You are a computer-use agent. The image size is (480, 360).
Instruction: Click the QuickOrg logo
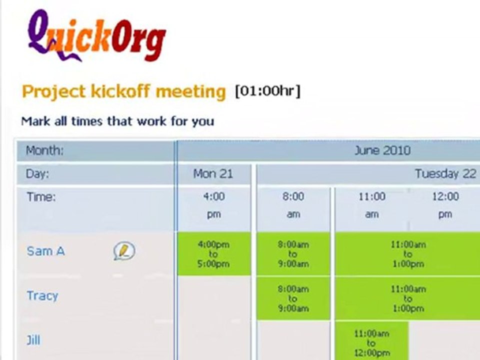click(96, 36)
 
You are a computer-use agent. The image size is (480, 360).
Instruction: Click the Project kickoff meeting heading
click(123, 92)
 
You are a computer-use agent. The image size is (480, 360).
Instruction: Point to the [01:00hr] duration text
click(268, 91)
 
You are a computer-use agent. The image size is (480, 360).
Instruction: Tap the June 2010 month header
click(382, 150)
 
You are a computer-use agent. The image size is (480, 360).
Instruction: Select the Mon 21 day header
click(213, 174)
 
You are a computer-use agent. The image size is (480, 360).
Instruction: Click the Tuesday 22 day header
click(445, 174)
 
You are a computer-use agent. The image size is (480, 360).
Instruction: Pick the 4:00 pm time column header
click(213, 205)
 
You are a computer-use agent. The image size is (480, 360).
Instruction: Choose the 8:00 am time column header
click(293, 205)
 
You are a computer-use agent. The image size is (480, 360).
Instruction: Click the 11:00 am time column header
click(371, 205)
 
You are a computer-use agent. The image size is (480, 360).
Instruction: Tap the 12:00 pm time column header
click(445, 205)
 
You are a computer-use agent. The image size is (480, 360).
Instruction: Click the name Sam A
click(45, 251)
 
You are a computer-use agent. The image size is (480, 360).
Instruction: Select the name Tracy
click(42, 295)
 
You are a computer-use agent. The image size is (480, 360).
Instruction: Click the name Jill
click(33, 340)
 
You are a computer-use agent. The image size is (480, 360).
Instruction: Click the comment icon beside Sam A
click(123, 251)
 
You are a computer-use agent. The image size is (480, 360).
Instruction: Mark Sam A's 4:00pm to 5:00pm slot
click(213, 253)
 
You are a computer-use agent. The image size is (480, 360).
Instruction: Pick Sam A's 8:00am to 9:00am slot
click(293, 253)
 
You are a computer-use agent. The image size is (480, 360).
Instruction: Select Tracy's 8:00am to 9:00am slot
click(293, 298)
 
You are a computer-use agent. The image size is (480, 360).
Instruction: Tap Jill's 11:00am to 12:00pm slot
click(371, 342)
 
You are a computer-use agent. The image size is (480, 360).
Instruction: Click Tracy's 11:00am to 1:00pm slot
click(407, 298)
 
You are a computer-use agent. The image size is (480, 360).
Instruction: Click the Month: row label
click(45, 150)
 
